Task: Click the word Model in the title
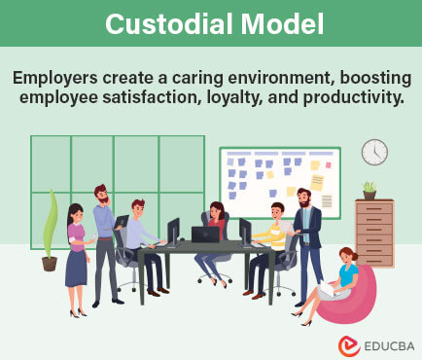(x=277, y=23)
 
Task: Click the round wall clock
(x=374, y=152)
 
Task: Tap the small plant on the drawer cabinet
(x=369, y=189)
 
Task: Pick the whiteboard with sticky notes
(x=280, y=182)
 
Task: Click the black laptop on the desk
(x=205, y=234)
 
